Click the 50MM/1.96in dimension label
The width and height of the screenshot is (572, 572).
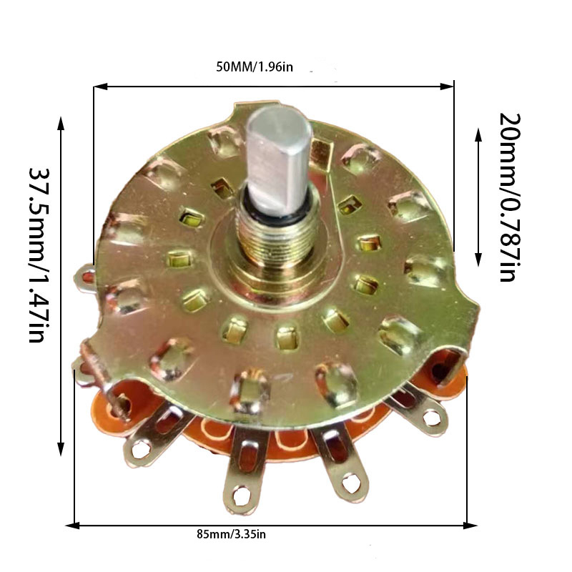(x=255, y=67)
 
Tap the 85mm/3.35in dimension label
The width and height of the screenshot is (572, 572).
(x=231, y=534)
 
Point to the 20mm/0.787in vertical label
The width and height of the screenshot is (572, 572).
(x=510, y=197)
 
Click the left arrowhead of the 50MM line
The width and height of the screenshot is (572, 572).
(x=100, y=87)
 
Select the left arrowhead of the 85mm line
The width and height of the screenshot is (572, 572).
(x=72, y=526)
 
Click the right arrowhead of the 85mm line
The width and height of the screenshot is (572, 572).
(x=470, y=526)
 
